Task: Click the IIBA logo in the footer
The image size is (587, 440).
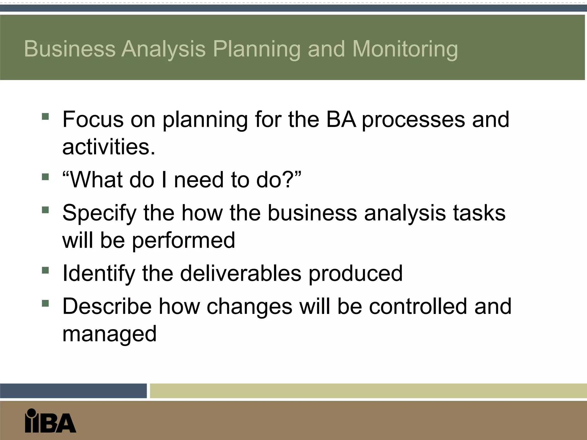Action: click(x=50, y=421)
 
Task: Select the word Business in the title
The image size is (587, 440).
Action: click(x=70, y=49)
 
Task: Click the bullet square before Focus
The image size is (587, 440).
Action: click(x=45, y=116)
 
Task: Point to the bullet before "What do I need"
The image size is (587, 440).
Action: click(x=45, y=177)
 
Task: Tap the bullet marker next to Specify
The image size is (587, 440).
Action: click(x=45, y=210)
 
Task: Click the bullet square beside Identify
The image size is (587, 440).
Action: click(x=45, y=270)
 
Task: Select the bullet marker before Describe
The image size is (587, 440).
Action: click(x=45, y=303)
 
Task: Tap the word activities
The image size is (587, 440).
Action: click(x=109, y=147)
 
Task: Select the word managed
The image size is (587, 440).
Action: click(x=109, y=334)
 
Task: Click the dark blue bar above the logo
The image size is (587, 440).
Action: click(x=73, y=391)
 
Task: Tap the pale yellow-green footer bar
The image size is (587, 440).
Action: click(x=368, y=391)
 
